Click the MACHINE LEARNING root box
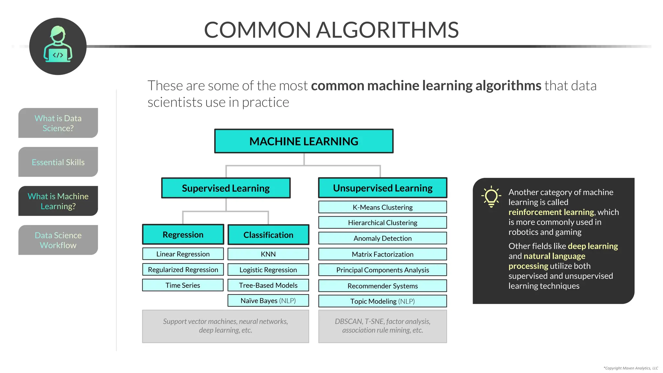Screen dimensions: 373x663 point(304,141)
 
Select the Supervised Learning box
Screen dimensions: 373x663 point(226,188)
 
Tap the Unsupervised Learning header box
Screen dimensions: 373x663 point(383,188)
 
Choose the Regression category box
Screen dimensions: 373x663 point(183,234)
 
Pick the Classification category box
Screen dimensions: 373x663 point(268,235)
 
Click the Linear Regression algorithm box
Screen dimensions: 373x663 point(183,254)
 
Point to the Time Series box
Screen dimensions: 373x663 point(183,285)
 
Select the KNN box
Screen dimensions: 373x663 point(268,254)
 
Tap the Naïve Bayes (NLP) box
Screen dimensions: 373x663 point(268,300)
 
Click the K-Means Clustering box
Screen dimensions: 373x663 point(383,207)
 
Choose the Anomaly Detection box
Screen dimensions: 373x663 point(383,238)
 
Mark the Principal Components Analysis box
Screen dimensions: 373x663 point(383,270)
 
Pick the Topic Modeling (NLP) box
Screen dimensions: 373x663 point(383,301)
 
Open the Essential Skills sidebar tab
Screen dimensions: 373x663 point(58,162)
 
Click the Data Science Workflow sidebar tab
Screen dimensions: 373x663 point(58,240)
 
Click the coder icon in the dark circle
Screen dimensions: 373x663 point(58,46)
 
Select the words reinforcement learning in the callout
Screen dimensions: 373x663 point(551,212)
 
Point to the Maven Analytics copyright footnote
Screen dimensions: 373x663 point(631,368)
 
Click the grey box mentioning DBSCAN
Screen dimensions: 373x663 point(383,326)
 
